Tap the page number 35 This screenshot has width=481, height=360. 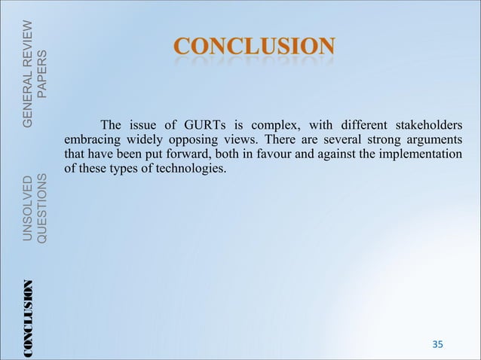[437, 344]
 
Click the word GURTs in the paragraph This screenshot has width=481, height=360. [195, 125]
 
